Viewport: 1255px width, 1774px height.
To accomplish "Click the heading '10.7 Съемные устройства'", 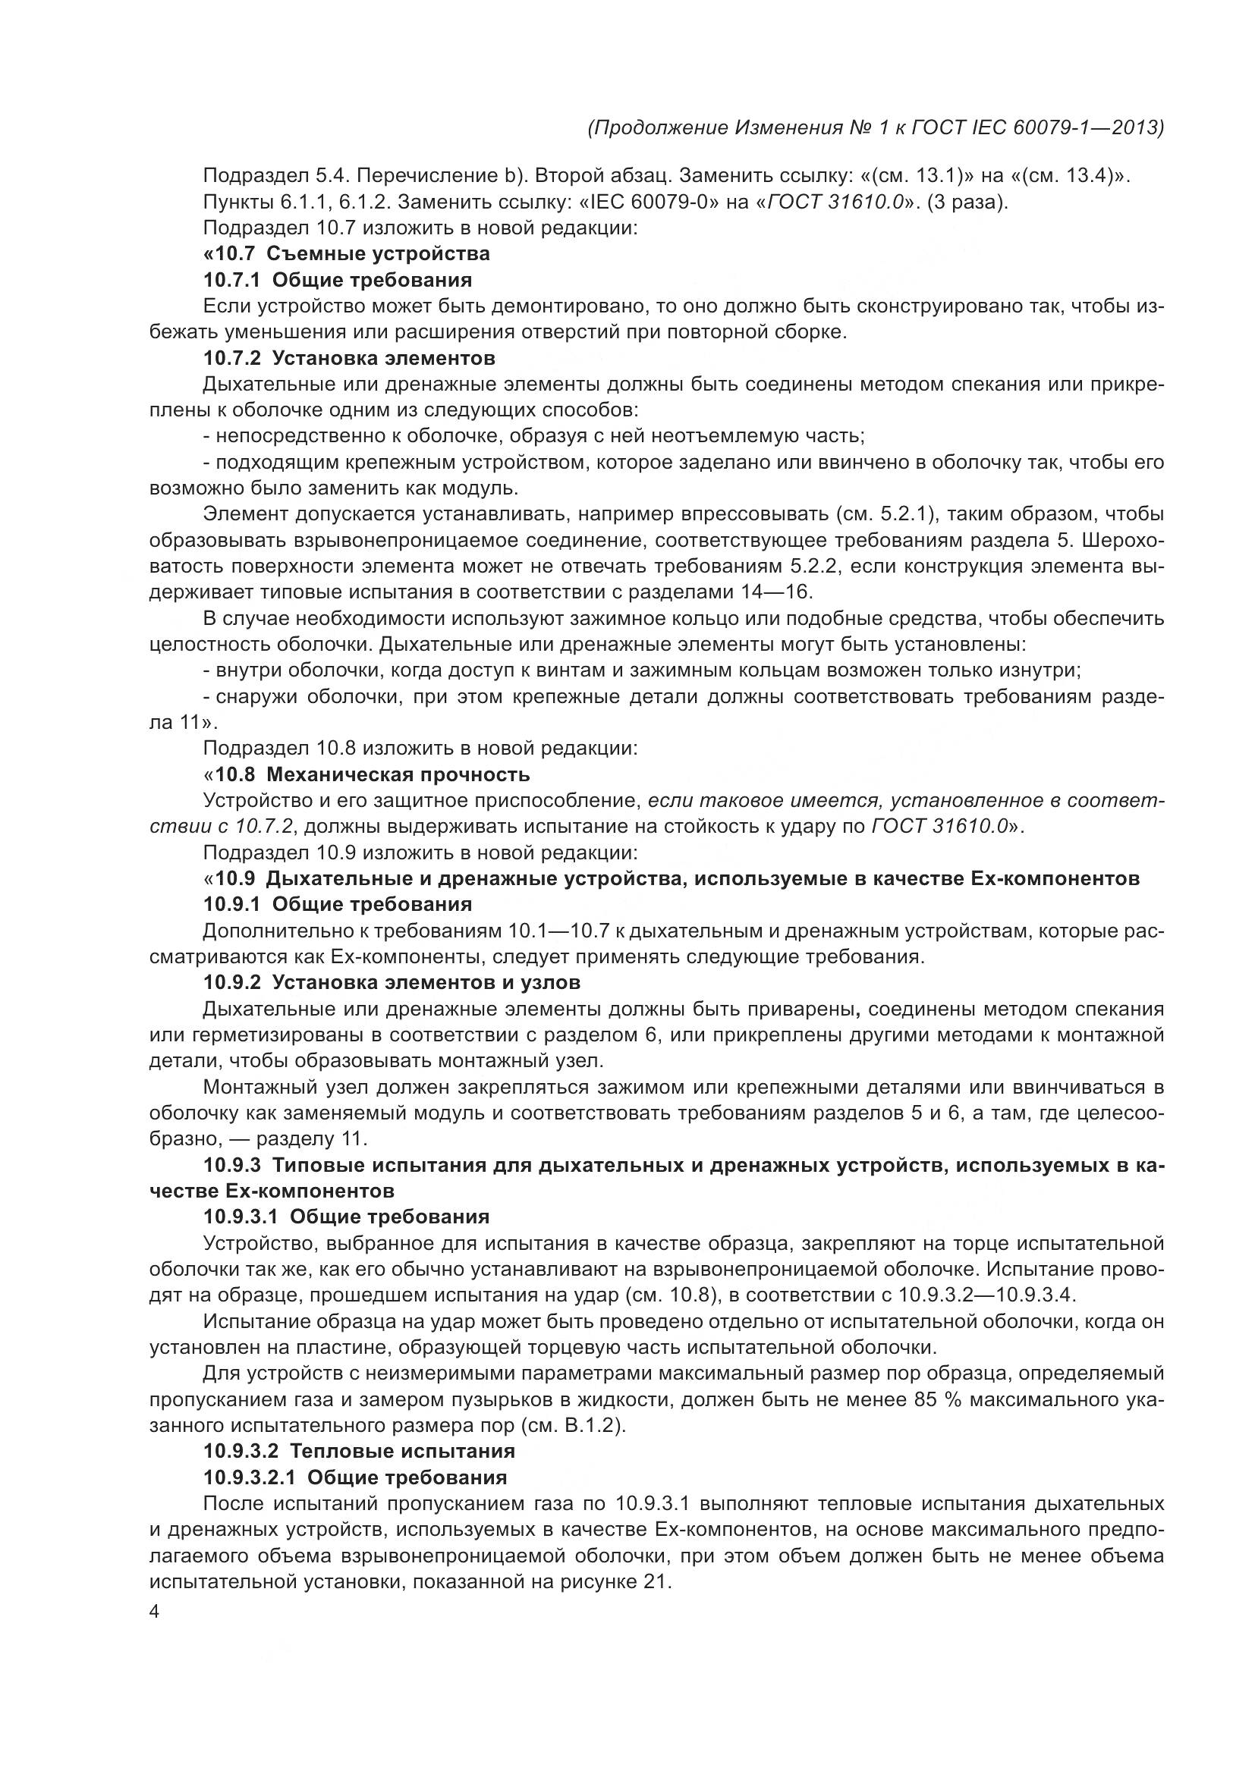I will [x=346, y=253].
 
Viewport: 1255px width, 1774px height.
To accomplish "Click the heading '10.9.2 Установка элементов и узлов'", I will [x=392, y=982].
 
